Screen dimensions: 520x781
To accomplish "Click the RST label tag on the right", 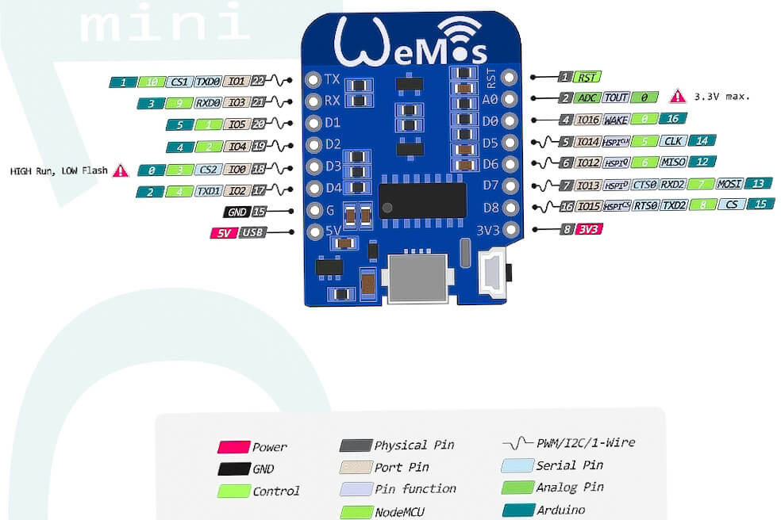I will point(587,77).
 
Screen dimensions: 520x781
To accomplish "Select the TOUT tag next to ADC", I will point(616,97).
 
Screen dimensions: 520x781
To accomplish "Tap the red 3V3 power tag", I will point(588,229).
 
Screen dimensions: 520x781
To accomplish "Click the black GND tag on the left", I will point(237,212).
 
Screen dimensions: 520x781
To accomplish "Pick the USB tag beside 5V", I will point(252,233).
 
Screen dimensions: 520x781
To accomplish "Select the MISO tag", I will point(673,162).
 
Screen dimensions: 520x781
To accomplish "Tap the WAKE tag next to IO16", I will point(616,120).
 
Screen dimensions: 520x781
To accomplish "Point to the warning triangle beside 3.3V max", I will point(677,97).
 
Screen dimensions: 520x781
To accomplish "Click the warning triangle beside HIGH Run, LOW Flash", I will point(121,170).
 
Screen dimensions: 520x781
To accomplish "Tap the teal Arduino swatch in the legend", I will point(517,510).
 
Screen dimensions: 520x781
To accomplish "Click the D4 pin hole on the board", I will point(312,189).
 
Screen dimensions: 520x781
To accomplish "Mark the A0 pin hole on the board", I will point(509,99).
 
